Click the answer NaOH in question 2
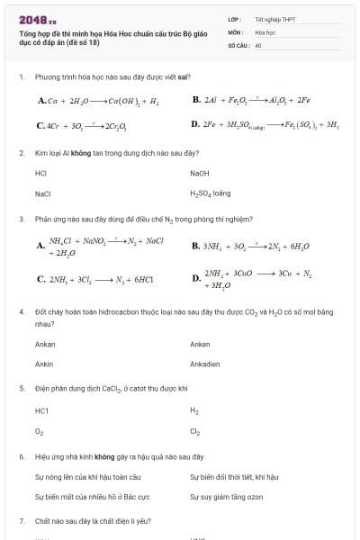[200, 173]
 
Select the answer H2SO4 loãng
[211, 193]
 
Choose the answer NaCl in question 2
[43, 193]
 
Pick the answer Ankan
[45, 345]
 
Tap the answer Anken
[200, 345]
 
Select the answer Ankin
[44, 364]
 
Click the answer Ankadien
[205, 364]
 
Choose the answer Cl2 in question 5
[195, 431]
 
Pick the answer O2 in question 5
[40, 431]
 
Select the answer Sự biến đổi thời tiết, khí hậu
[234, 477]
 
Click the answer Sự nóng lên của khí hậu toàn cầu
[87, 477]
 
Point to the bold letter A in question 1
[41, 100]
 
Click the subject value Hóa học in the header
[265, 31]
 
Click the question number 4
[21, 311]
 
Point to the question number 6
[21, 457]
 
